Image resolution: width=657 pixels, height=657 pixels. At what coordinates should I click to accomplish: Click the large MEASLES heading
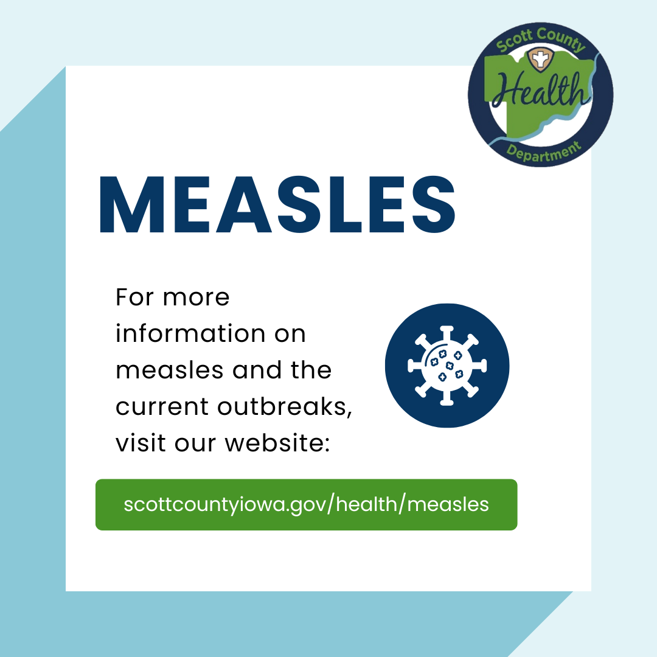pyautogui.click(x=277, y=204)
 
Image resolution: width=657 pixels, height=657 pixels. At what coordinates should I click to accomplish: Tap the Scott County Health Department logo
pyautogui.click(x=541, y=94)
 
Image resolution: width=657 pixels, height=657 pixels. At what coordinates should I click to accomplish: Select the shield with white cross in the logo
pyautogui.click(x=541, y=59)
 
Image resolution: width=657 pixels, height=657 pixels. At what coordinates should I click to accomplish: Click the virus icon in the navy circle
pyautogui.click(x=447, y=366)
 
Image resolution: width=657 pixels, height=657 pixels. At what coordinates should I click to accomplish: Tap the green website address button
pyautogui.click(x=306, y=504)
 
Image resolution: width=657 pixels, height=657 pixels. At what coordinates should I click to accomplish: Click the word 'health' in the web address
pyautogui.click(x=367, y=504)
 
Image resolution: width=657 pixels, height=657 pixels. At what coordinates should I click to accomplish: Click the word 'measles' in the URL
pyautogui.click(x=448, y=504)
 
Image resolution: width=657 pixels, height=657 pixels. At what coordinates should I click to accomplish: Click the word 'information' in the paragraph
pyautogui.click(x=190, y=333)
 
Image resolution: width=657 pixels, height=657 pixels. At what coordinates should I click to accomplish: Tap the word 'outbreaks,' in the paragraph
pyautogui.click(x=285, y=407)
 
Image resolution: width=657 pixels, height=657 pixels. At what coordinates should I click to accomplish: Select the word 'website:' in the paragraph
pyautogui.click(x=277, y=443)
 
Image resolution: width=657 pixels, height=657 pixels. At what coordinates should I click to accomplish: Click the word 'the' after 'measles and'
pyautogui.click(x=311, y=370)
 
